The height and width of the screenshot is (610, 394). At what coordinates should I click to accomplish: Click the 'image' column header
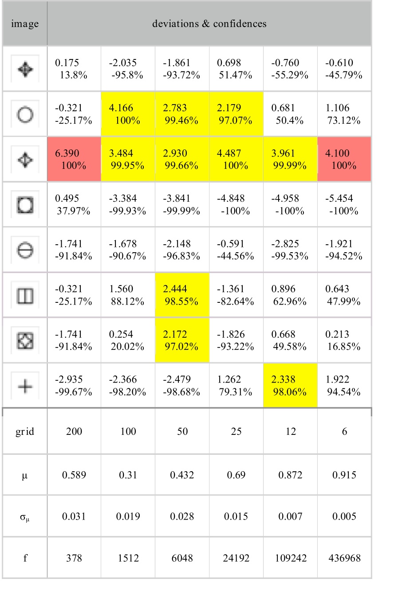click(25, 24)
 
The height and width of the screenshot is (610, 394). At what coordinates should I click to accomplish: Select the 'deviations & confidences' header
click(209, 24)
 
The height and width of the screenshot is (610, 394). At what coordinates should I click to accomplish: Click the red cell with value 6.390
click(74, 160)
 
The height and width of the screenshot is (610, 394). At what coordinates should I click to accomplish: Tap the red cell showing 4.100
click(344, 160)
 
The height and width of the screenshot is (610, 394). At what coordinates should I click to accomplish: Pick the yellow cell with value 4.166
click(128, 114)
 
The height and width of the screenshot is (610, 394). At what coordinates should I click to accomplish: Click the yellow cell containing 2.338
click(290, 386)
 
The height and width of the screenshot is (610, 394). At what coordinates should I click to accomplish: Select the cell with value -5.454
click(344, 205)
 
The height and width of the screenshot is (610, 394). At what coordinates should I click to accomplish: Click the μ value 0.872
click(290, 475)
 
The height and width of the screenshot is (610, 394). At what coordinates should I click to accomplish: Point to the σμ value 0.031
click(74, 516)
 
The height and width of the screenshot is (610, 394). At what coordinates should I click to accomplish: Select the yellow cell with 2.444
click(182, 295)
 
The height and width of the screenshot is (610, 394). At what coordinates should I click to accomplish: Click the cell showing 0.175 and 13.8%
click(74, 69)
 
